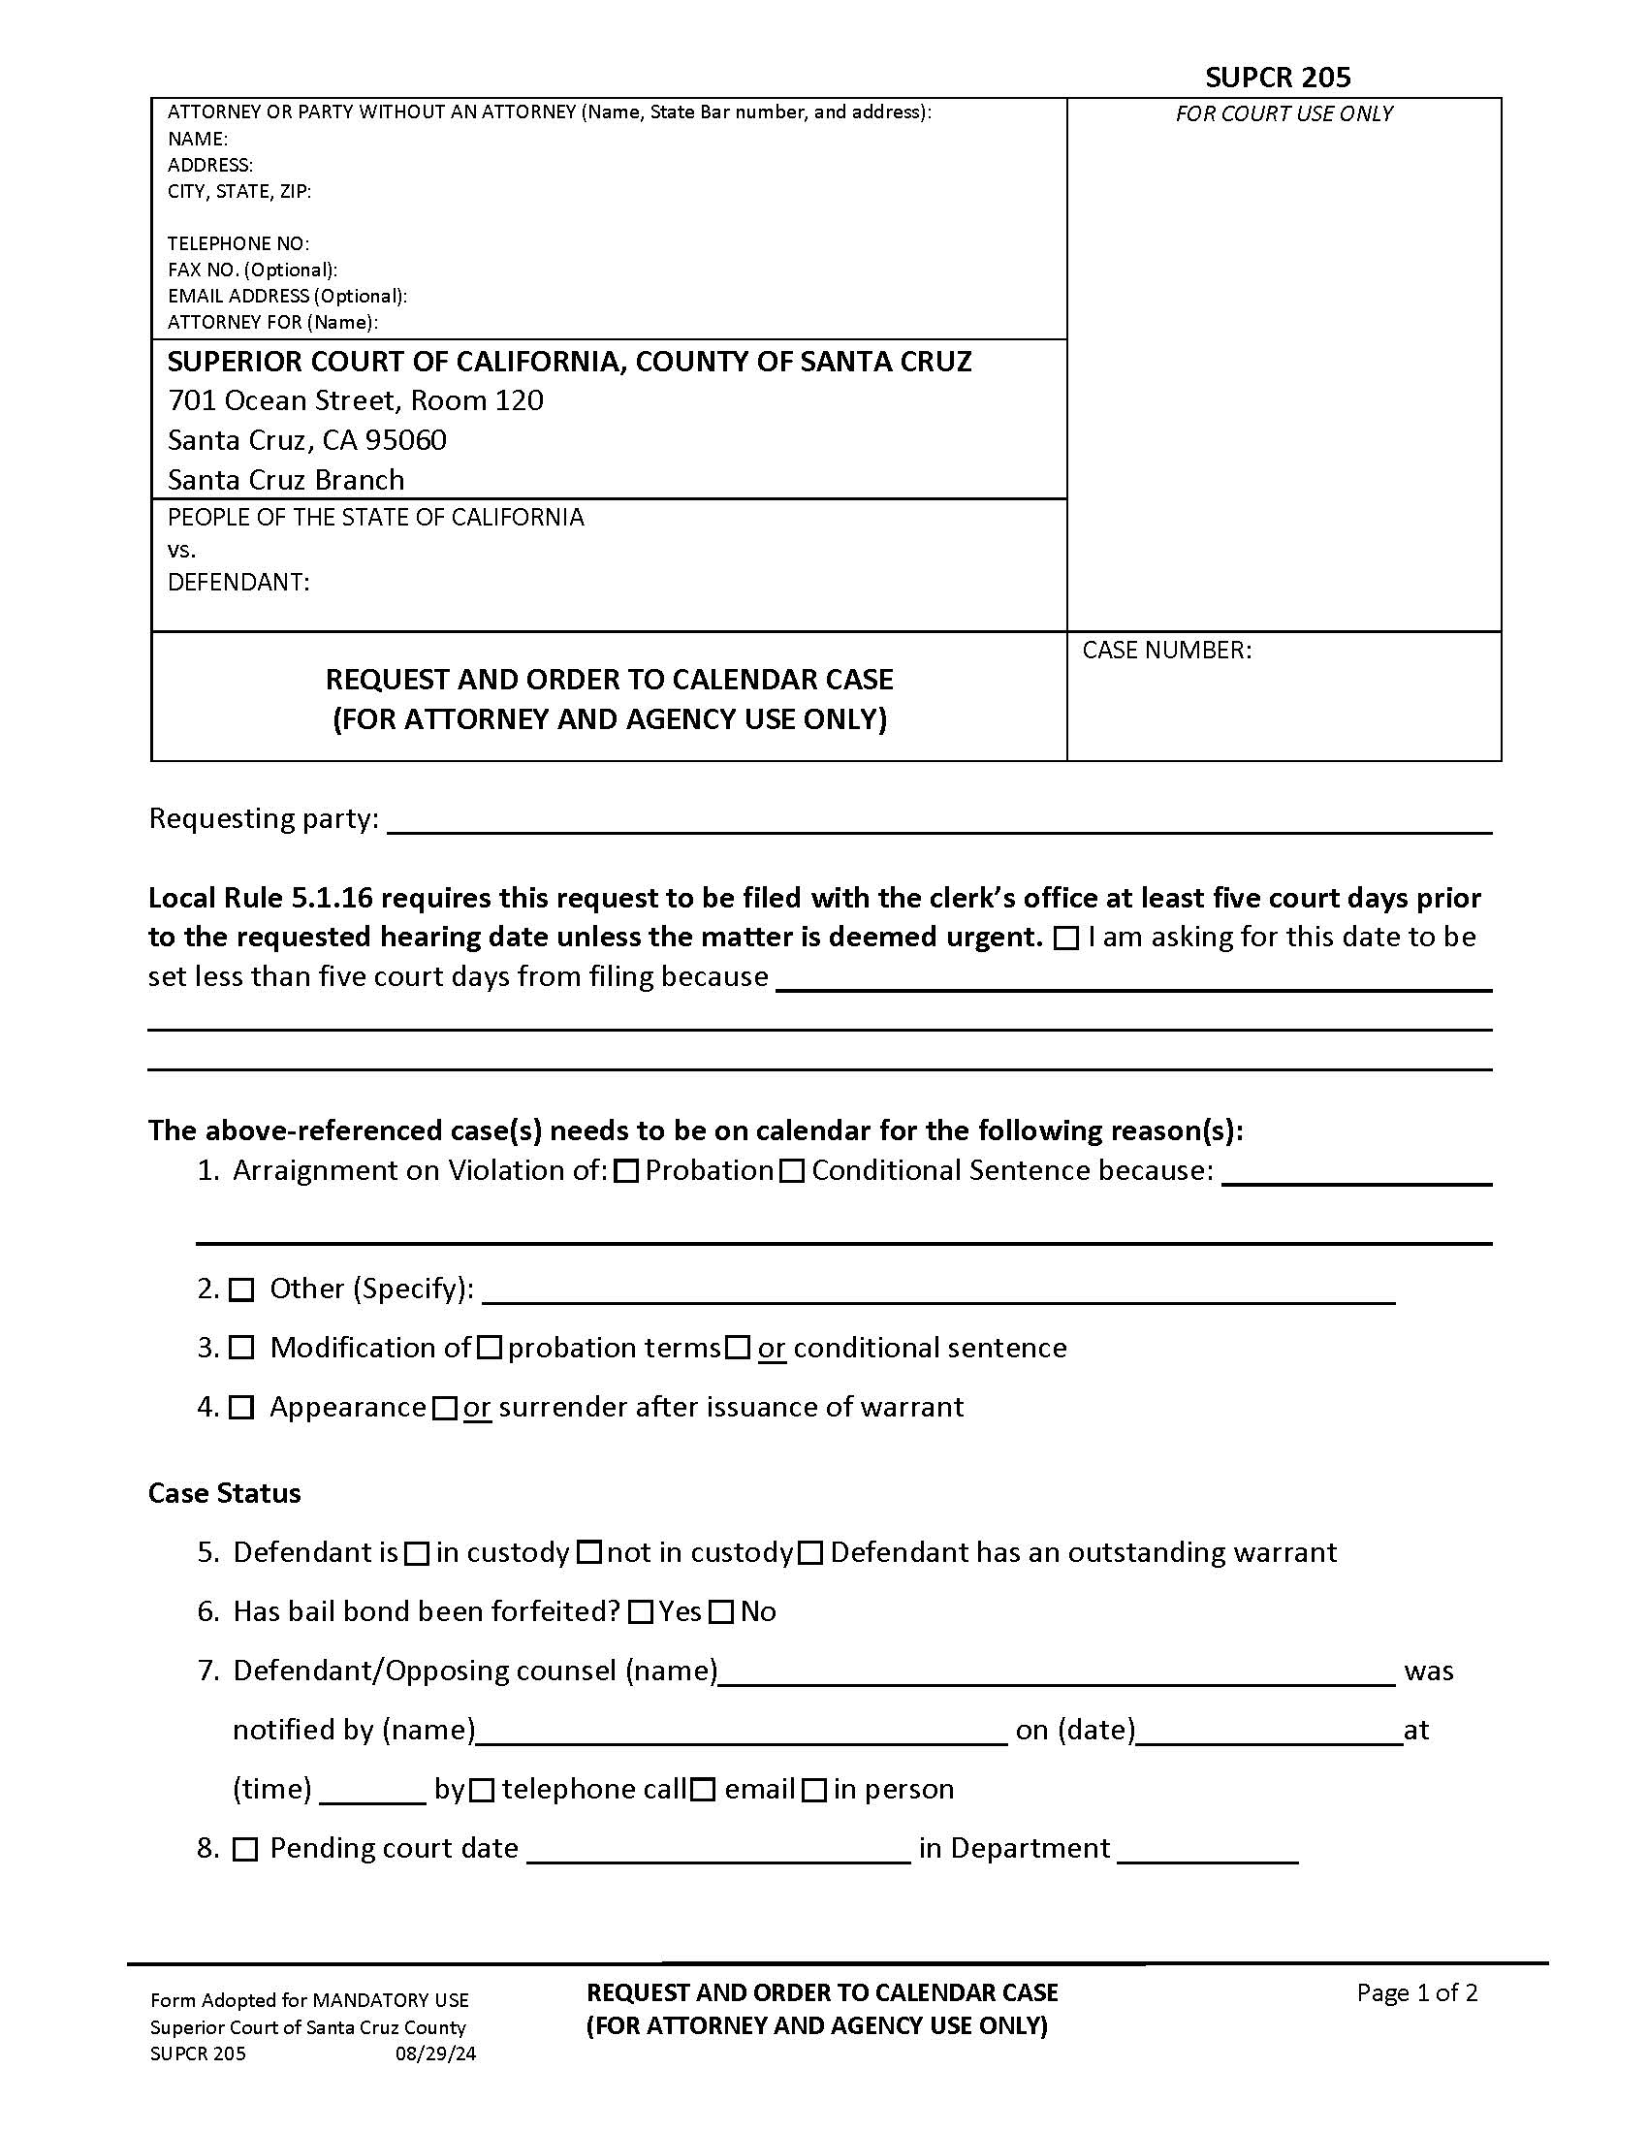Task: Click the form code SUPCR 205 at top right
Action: point(1277,78)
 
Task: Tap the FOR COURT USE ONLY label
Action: point(1283,114)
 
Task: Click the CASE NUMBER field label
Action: point(1165,651)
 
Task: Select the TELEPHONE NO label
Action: point(238,243)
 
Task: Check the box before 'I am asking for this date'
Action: point(1067,939)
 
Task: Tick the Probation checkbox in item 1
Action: point(628,1171)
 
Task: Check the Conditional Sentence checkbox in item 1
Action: point(793,1171)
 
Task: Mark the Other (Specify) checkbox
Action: point(241,1290)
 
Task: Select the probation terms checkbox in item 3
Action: point(491,1349)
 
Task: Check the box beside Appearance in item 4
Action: point(241,1408)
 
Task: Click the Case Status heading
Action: point(225,1493)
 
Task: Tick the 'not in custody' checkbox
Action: point(588,1553)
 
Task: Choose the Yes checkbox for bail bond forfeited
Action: point(641,1612)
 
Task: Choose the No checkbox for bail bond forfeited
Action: point(720,1612)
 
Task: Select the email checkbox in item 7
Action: point(703,1789)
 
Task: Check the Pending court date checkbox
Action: point(245,1849)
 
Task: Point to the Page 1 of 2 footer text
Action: point(1415,1992)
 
